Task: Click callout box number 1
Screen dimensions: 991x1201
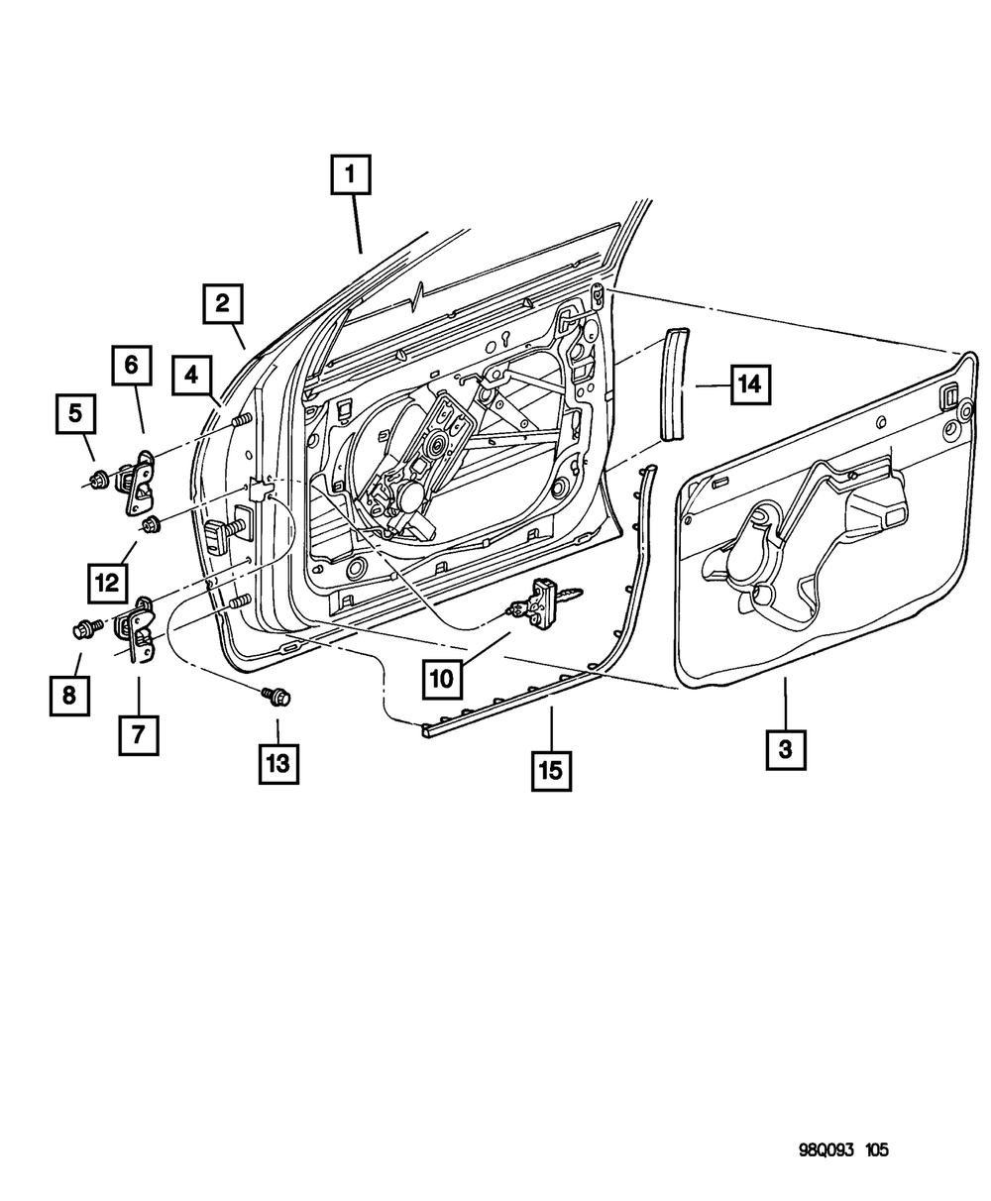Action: click(350, 177)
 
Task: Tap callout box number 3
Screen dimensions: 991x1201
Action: click(785, 750)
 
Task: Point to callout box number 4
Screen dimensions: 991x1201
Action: click(190, 376)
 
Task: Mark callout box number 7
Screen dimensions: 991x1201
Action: click(138, 735)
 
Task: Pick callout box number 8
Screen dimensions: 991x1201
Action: click(68, 696)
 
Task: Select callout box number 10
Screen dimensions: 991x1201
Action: click(442, 679)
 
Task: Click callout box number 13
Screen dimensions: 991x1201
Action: click(278, 764)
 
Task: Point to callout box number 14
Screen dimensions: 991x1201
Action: click(751, 383)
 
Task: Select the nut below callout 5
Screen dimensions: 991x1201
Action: click(97, 483)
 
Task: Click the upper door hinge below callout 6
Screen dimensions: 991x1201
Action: click(137, 480)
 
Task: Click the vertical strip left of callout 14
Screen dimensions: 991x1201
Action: click(676, 382)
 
